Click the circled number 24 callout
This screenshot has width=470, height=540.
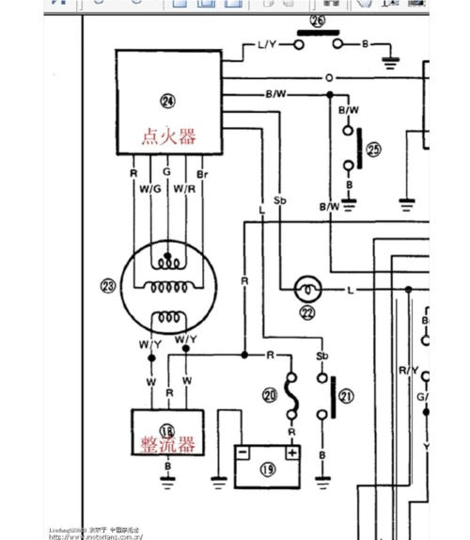tap(167, 101)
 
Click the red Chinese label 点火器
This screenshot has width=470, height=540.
tap(168, 136)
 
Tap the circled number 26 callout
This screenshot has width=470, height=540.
tap(317, 20)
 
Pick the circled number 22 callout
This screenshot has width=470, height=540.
tap(306, 313)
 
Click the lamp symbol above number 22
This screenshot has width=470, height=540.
tap(306, 287)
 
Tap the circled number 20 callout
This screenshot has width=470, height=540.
tap(270, 396)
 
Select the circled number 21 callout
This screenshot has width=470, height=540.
tap(347, 397)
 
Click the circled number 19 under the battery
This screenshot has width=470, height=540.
tap(268, 468)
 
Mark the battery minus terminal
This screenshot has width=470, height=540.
tap(243, 453)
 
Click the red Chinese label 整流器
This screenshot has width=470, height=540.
tap(169, 443)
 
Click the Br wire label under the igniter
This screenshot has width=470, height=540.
tap(202, 173)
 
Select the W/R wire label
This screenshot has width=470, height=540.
tap(185, 188)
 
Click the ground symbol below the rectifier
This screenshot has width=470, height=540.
tap(169, 477)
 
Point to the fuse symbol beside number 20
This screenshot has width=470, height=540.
tap(292, 397)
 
